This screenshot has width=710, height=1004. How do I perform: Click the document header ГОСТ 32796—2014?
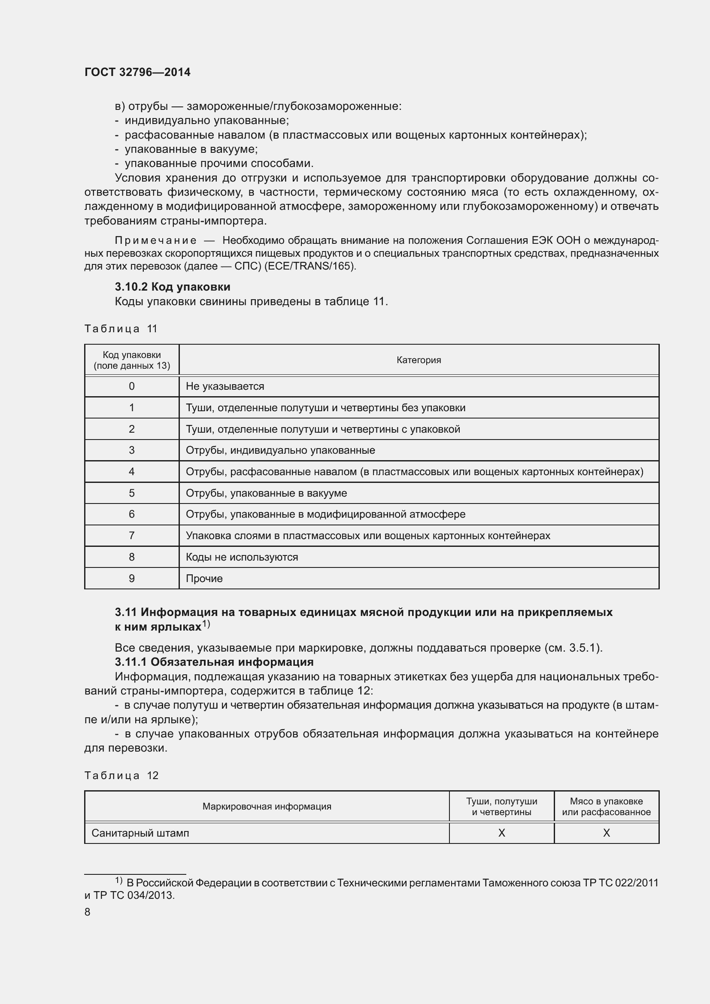pyautogui.click(x=137, y=72)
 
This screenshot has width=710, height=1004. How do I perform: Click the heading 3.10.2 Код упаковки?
pyautogui.click(x=172, y=287)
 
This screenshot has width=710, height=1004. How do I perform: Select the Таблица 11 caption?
pyautogui.click(x=121, y=329)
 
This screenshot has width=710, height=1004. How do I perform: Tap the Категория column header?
pyautogui.click(x=419, y=360)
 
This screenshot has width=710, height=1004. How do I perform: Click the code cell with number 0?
pyautogui.click(x=132, y=386)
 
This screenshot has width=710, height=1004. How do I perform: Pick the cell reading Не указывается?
pyautogui.click(x=225, y=386)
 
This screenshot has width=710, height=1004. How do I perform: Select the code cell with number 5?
pyautogui.click(x=132, y=493)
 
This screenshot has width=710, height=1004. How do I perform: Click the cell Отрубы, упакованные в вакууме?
pyautogui.click(x=266, y=493)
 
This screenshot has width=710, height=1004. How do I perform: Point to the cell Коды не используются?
pyautogui.click(x=242, y=557)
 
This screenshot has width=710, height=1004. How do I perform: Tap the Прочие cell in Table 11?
pyautogui.click(x=204, y=579)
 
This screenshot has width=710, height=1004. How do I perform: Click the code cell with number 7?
pyautogui.click(x=132, y=536)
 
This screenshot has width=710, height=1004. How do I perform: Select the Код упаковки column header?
pyautogui.click(x=132, y=360)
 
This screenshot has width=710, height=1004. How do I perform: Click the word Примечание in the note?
pyautogui.click(x=155, y=240)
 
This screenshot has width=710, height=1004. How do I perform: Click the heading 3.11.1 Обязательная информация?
pyautogui.click(x=214, y=662)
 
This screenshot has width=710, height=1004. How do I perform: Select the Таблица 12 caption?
pyautogui.click(x=121, y=776)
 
